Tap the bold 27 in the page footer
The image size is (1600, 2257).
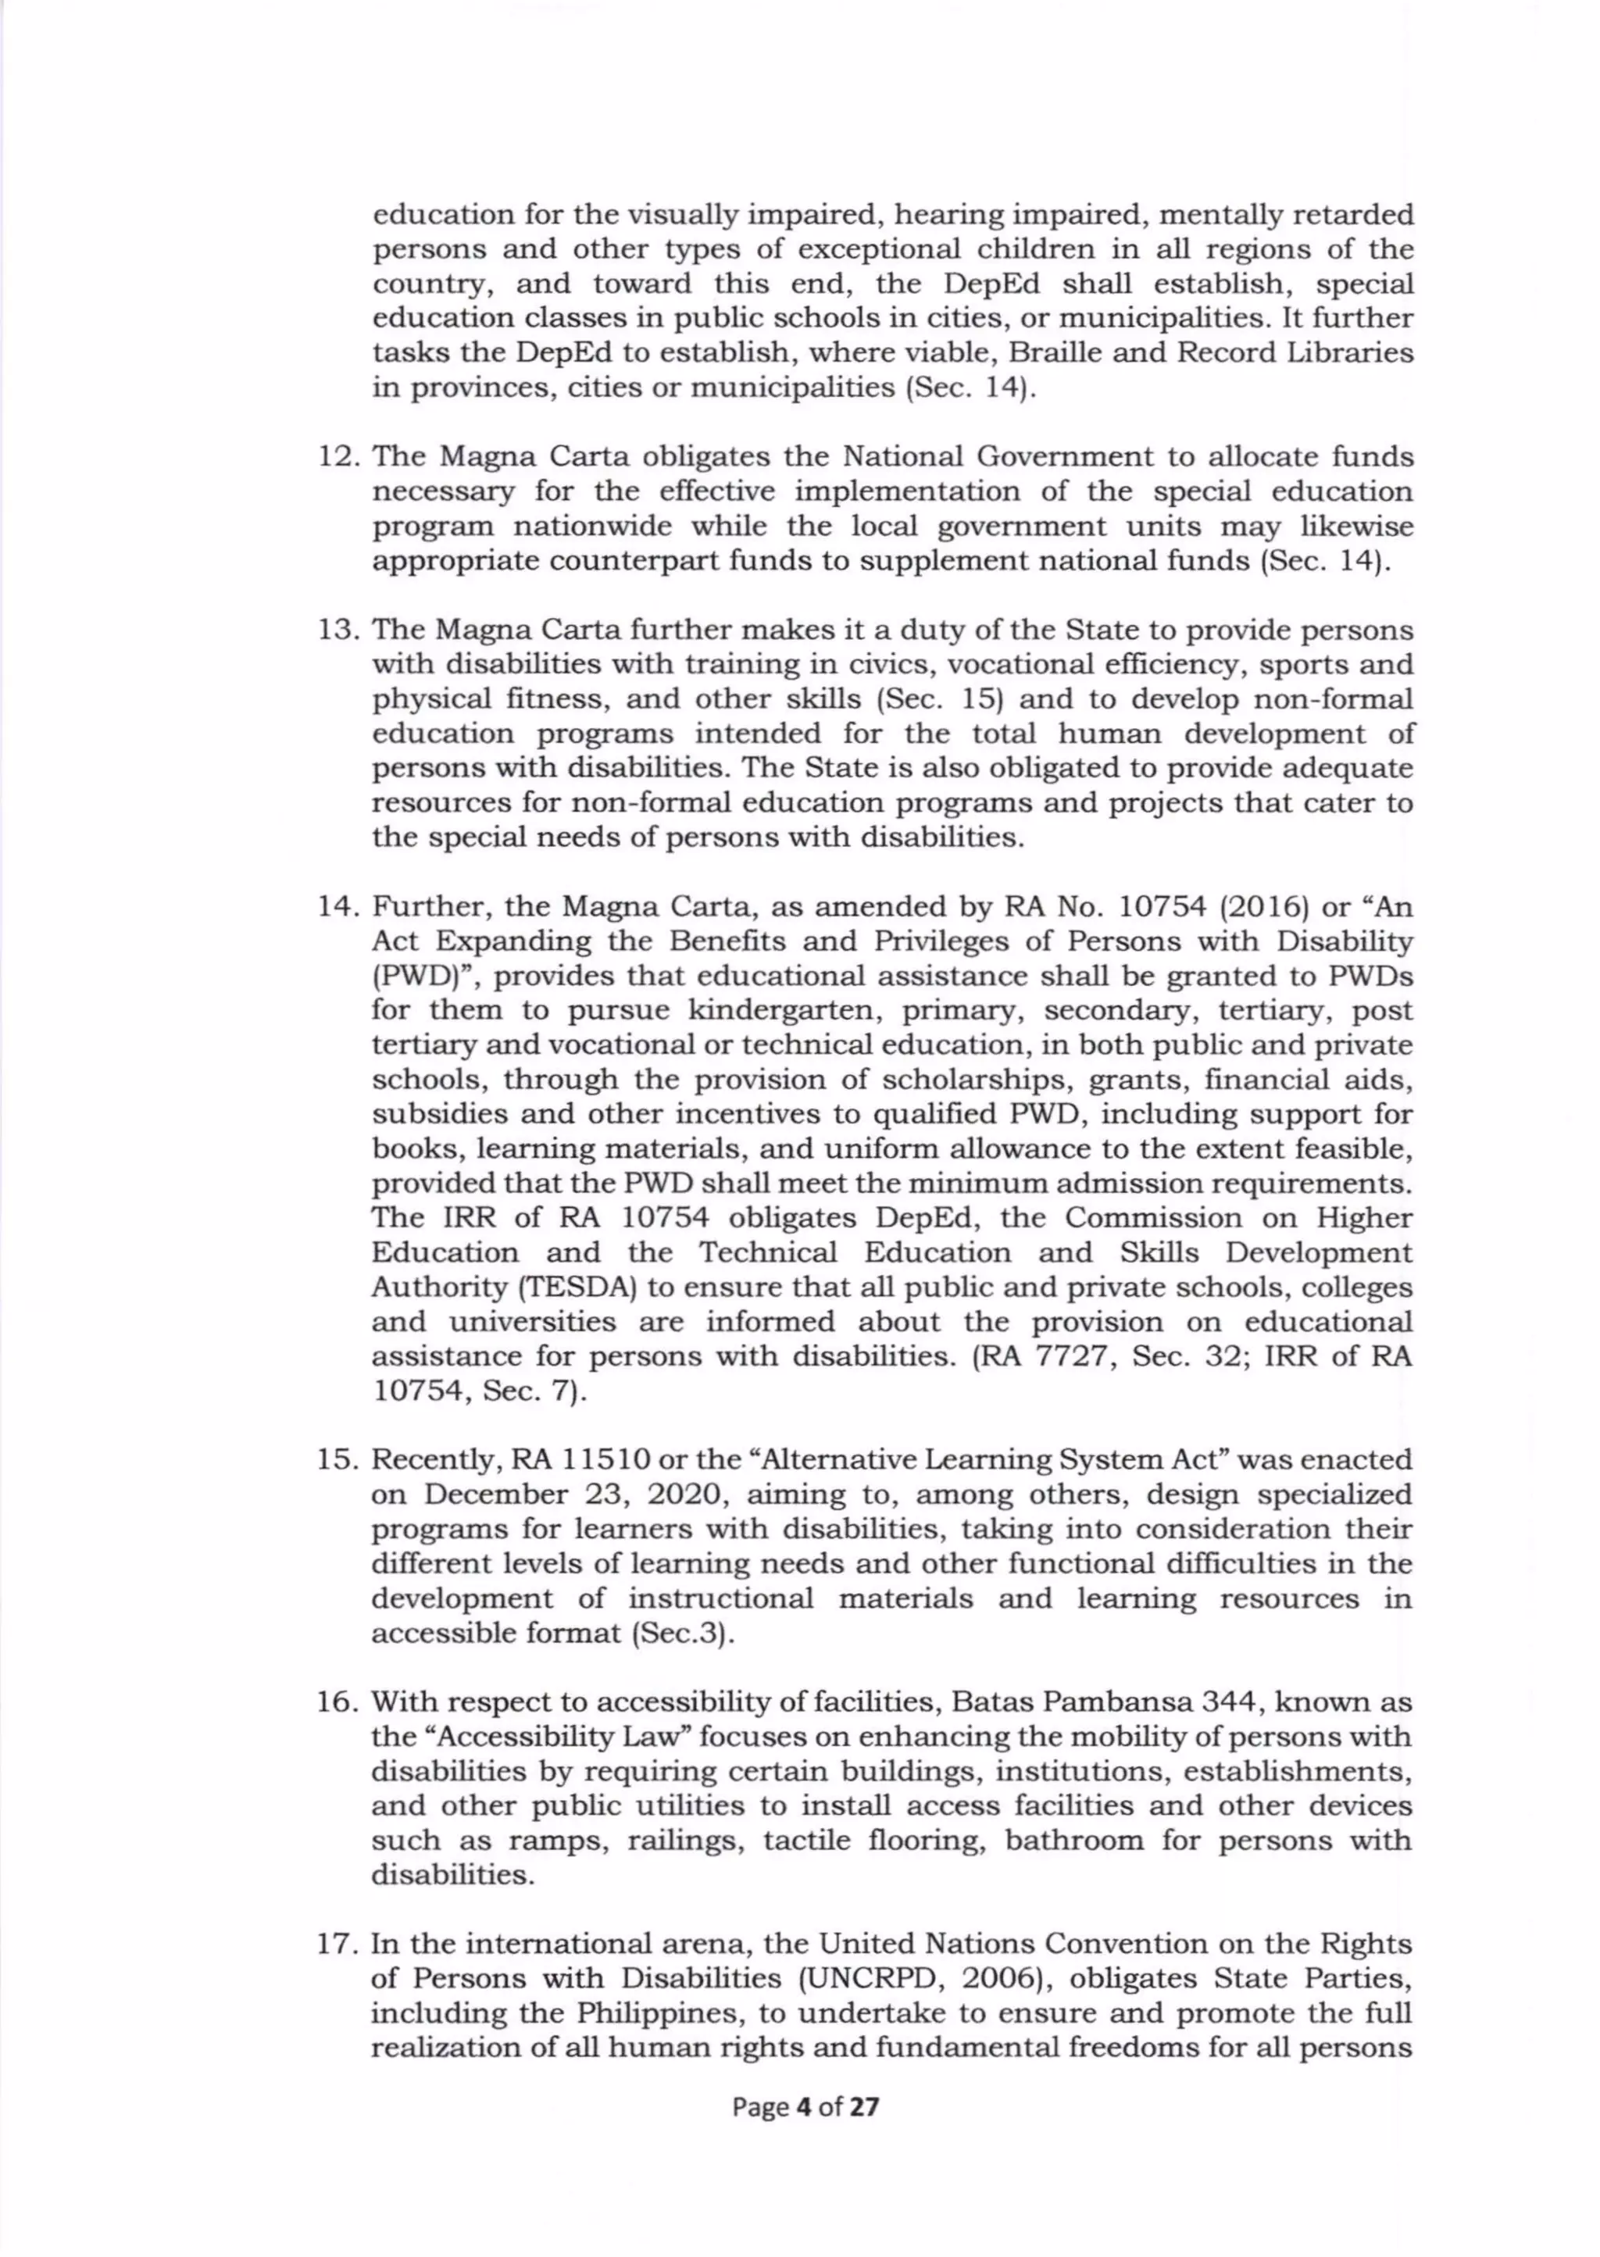coord(864,2107)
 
